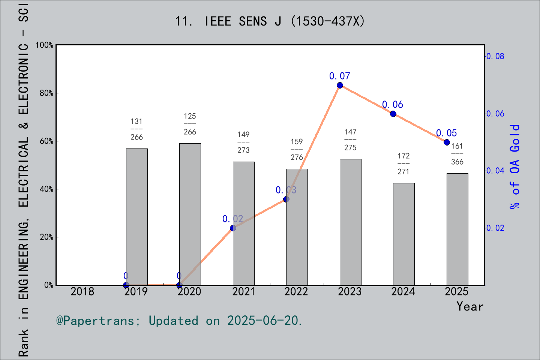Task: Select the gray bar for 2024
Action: click(x=403, y=234)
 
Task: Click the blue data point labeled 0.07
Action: click(x=340, y=85)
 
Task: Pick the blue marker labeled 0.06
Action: click(x=393, y=114)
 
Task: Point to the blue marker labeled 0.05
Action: click(x=447, y=142)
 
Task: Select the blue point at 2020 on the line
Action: click(x=179, y=285)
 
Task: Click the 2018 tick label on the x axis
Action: click(x=82, y=291)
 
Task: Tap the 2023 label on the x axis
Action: click(x=349, y=291)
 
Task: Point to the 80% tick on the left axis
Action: click(x=46, y=93)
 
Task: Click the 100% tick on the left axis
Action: click(x=45, y=45)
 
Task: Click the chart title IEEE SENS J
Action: click(x=270, y=21)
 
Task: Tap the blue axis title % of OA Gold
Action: click(x=515, y=167)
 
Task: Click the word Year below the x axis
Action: click(x=469, y=306)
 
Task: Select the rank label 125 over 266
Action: click(x=190, y=124)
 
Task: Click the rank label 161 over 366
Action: click(x=457, y=154)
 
